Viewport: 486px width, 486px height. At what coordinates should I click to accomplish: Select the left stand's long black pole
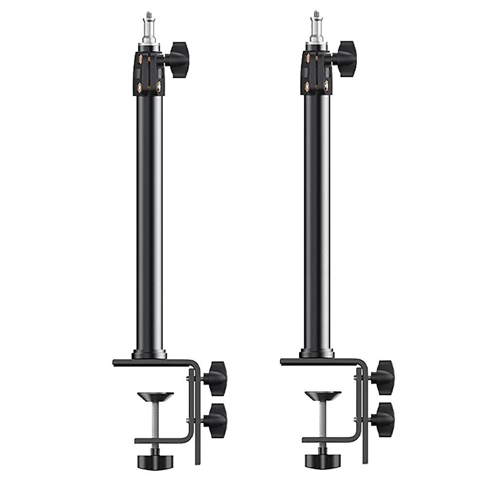point(149,218)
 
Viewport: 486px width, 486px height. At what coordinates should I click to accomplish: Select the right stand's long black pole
point(316,218)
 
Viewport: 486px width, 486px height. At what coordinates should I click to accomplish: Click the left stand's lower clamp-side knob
point(215,418)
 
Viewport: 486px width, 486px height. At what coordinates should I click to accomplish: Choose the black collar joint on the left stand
point(149,73)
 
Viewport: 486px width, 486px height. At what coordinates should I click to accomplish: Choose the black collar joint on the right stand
point(316,73)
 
